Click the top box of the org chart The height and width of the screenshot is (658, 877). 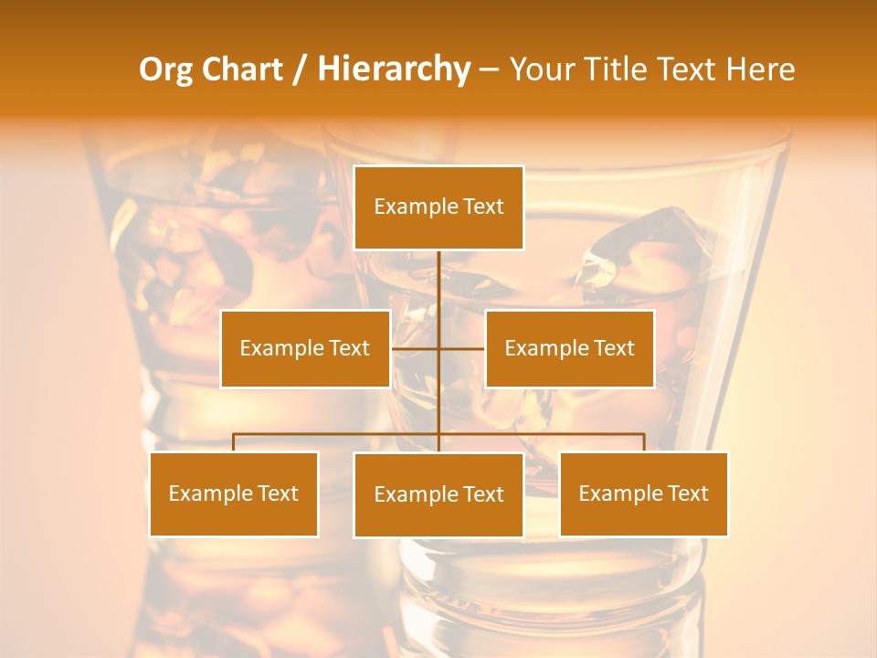(438, 207)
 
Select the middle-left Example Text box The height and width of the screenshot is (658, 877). (305, 349)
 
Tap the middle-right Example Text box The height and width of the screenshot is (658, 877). (569, 349)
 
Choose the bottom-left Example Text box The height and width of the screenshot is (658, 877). (234, 494)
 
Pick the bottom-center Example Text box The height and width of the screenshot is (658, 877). (438, 495)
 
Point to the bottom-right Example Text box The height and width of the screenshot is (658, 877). (644, 494)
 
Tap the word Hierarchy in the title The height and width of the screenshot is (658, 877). (394, 69)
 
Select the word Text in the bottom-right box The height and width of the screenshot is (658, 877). (688, 494)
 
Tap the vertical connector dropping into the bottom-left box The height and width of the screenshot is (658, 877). (234, 442)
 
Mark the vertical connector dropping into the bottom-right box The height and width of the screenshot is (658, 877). (644, 442)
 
